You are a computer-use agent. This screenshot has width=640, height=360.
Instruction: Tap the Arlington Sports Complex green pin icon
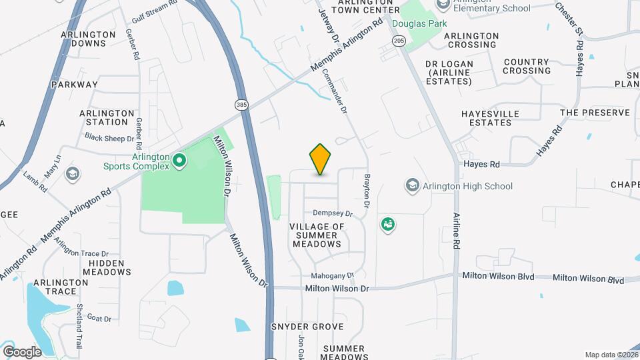tap(179, 160)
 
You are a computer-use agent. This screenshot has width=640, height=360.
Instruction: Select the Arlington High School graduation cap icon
tap(413, 185)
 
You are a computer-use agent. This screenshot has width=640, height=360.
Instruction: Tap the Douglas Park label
tap(419, 23)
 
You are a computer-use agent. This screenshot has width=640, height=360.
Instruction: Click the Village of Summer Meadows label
tap(317, 235)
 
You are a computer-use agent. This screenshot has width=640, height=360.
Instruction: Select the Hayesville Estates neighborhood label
tap(490, 118)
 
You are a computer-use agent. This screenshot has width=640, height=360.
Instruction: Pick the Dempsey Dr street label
tap(333, 213)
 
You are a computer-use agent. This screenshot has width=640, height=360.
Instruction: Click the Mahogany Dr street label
tap(332, 275)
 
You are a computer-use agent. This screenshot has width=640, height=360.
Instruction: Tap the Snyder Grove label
tap(307, 327)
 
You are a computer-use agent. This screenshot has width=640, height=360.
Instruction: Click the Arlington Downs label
tap(83, 39)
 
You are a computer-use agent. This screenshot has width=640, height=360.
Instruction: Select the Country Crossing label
tap(527, 66)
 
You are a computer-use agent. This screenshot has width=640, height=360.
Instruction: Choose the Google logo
tap(22, 351)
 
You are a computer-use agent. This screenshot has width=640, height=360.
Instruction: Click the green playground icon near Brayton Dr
tap(387, 225)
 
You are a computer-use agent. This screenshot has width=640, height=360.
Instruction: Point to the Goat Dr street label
tap(99, 319)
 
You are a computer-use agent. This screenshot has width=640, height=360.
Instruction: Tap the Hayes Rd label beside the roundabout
tap(481, 164)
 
